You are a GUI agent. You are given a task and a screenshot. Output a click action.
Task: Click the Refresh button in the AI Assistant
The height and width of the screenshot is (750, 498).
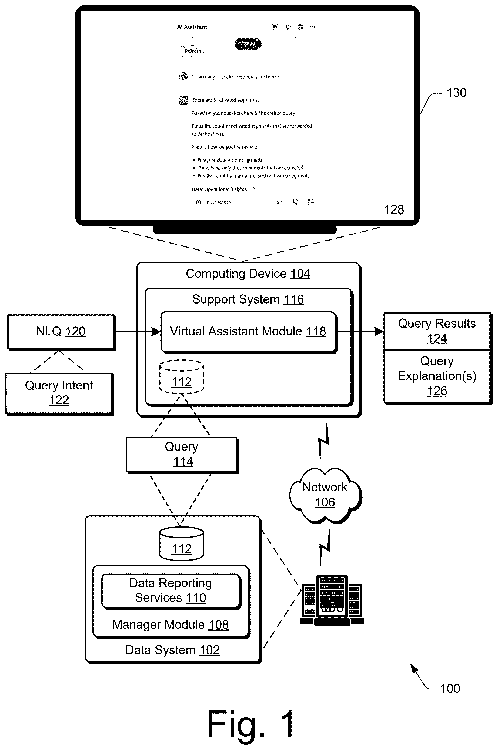coord(193,51)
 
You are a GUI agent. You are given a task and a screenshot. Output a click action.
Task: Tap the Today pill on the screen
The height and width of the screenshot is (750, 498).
coord(248,44)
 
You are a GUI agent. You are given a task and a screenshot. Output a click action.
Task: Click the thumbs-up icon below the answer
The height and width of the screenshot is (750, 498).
coord(280,202)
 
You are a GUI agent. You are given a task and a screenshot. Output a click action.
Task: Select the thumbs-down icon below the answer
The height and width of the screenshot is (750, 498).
coord(295,202)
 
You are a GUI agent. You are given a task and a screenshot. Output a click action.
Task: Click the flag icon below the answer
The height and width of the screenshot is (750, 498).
coord(311,202)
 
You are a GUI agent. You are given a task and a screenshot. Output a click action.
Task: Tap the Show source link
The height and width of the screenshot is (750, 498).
coord(213,202)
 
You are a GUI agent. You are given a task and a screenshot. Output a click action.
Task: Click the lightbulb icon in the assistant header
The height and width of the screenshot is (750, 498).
coord(288,27)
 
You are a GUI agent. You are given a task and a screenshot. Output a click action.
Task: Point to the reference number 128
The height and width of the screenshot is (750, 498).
coord(394,210)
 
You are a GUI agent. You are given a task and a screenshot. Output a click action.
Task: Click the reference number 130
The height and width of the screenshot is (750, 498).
coord(456,93)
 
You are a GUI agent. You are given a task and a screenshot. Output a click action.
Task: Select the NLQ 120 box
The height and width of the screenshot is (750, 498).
coord(61,332)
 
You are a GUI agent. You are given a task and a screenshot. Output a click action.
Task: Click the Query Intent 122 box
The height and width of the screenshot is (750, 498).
coord(59,393)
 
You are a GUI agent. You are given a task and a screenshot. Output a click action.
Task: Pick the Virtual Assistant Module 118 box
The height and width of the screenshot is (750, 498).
coord(249,332)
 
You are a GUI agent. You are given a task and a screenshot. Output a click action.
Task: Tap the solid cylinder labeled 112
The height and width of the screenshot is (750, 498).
coord(181,544)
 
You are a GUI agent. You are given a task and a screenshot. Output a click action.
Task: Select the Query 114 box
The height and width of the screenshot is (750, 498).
coord(182,455)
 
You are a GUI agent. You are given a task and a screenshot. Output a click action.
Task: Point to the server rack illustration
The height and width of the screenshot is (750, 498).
coord(332,600)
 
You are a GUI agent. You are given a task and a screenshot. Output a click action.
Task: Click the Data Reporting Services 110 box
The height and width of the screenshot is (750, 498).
coord(171,591)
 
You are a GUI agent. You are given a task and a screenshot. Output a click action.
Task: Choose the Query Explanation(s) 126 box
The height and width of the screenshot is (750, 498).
coord(437,376)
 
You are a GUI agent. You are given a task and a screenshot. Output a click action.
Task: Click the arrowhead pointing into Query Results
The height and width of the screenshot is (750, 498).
coord(379,332)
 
